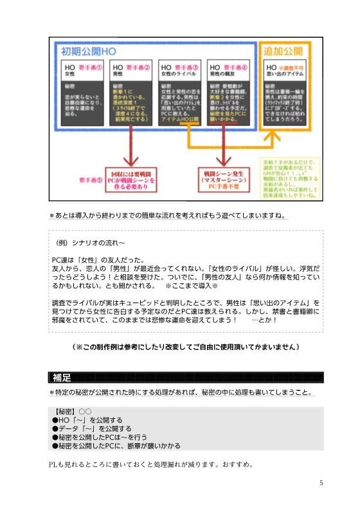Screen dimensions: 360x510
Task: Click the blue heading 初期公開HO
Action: [x=89, y=51]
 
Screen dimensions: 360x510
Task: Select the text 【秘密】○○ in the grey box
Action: [x=75, y=410]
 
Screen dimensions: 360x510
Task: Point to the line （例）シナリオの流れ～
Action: [x=90, y=243]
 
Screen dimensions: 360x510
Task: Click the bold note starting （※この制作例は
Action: [x=186, y=347]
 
